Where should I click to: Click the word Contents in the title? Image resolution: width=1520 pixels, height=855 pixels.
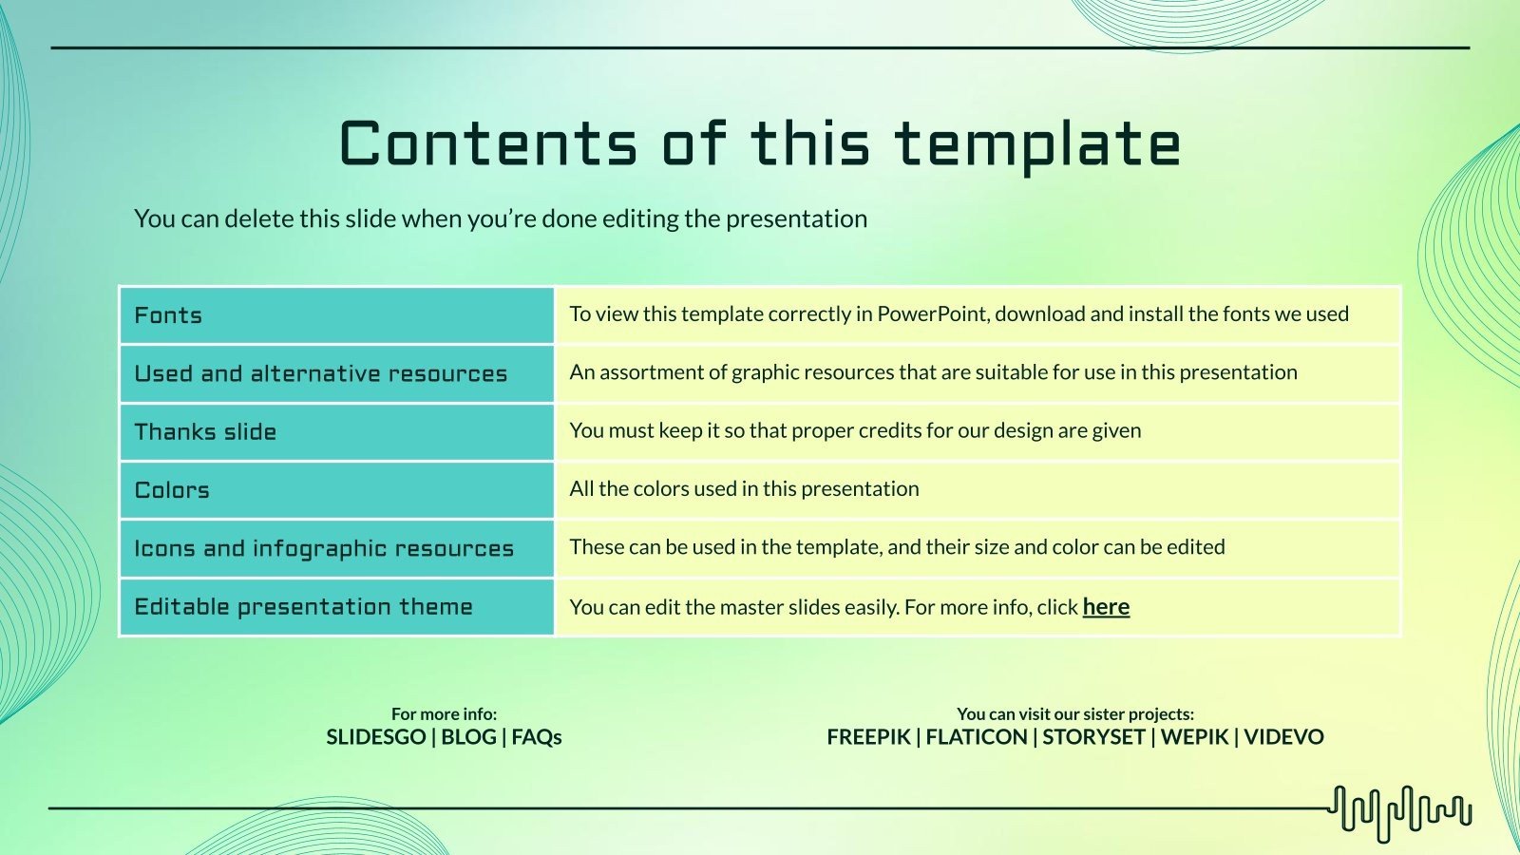pyautogui.click(x=487, y=144)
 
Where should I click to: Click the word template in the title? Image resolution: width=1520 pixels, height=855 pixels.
pyautogui.click(x=1036, y=144)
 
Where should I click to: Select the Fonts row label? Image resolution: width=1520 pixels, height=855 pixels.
pyautogui.click(x=168, y=315)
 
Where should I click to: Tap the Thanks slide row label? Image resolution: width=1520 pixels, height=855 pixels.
pyautogui.click(x=205, y=431)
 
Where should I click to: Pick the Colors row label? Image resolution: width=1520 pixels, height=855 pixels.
pyautogui.click(x=172, y=490)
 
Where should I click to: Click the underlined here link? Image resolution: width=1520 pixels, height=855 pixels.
pyautogui.click(x=1106, y=607)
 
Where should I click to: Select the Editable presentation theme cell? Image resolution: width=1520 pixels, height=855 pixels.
pyautogui.click(x=303, y=607)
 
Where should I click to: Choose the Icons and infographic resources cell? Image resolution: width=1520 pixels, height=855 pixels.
pyautogui.click(x=323, y=548)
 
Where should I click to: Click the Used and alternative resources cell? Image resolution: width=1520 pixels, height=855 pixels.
pyautogui.click(x=320, y=373)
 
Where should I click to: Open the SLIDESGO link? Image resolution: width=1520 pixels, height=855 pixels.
pyautogui.click(x=375, y=737)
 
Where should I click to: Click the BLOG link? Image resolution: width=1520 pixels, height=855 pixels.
pyautogui.click(x=468, y=737)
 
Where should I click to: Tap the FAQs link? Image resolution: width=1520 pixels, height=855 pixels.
pyautogui.click(x=537, y=737)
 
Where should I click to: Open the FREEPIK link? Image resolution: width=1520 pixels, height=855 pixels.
pyautogui.click(x=868, y=737)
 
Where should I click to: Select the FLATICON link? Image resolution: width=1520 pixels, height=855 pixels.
pyautogui.click(x=977, y=737)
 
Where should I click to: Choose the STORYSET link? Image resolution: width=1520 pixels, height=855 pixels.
pyautogui.click(x=1093, y=737)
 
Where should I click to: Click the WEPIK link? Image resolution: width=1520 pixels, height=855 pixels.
pyautogui.click(x=1194, y=737)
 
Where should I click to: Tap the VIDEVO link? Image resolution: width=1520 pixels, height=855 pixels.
pyautogui.click(x=1283, y=737)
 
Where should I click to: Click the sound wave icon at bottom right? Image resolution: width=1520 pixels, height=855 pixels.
pyautogui.click(x=1400, y=813)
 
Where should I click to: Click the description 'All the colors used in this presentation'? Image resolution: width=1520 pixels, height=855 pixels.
pyautogui.click(x=744, y=489)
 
